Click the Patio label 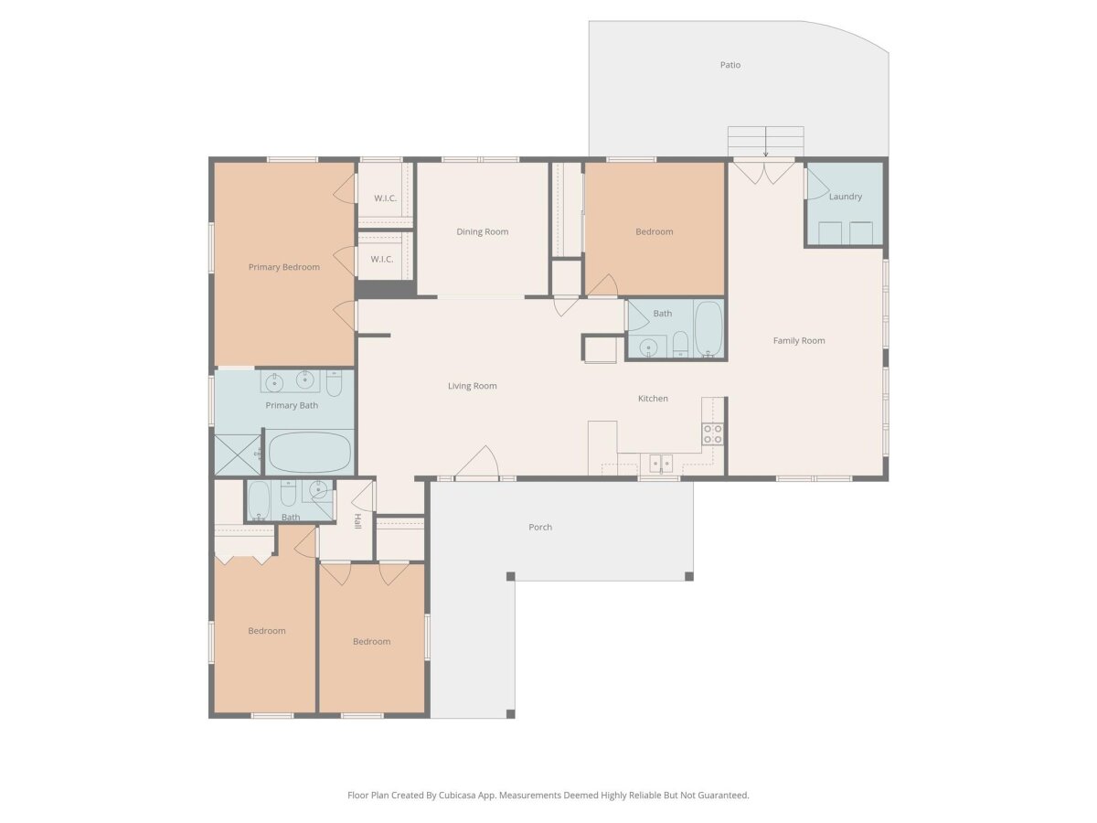(x=730, y=65)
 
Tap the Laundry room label (x=845, y=197)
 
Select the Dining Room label (x=482, y=232)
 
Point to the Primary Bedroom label (x=284, y=267)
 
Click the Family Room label (x=799, y=341)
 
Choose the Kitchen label (x=653, y=399)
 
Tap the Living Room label (x=472, y=386)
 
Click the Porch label (x=540, y=528)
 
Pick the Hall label (x=357, y=521)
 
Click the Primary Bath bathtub (x=309, y=453)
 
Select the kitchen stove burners (x=712, y=433)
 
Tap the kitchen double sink (x=660, y=464)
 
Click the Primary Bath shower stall (x=238, y=454)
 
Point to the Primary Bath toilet (x=334, y=383)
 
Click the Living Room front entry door (x=477, y=463)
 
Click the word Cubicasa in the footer (x=458, y=795)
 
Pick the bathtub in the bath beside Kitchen (x=708, y=329)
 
